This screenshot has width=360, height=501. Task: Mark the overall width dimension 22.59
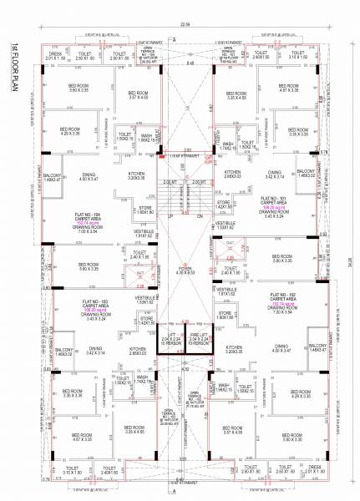tap(183, 24)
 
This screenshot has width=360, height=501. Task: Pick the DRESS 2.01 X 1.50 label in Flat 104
tap(56, 56)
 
